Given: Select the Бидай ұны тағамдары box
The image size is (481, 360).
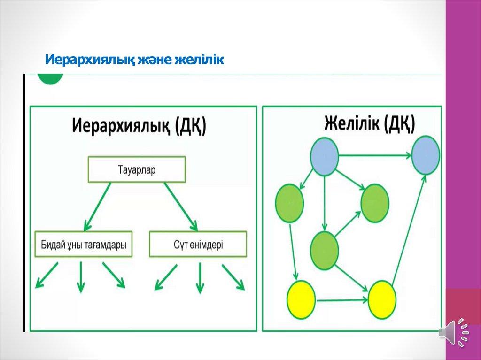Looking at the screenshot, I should coord(84,244).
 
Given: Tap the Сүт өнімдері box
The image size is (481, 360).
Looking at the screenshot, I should coord(198,244).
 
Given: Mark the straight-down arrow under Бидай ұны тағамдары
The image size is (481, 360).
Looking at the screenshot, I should coord(81,276).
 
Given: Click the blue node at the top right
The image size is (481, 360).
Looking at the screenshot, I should coord(426,155).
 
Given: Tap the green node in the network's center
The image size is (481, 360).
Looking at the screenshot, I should coord(325,249).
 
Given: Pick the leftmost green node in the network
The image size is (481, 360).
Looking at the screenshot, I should coord(289,203).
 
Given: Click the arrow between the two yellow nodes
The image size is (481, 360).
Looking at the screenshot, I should coord(341,299).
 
